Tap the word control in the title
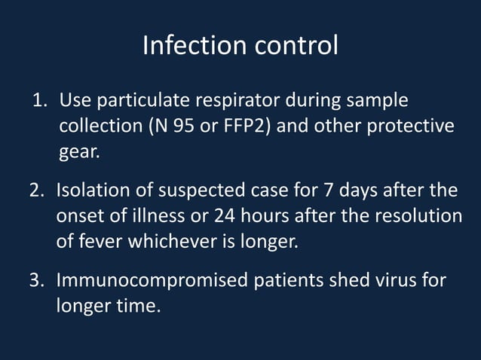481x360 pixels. (296, 46)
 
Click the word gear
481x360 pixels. (78, 152)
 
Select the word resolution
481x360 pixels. (419, 215)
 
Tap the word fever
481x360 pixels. (103, 242)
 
